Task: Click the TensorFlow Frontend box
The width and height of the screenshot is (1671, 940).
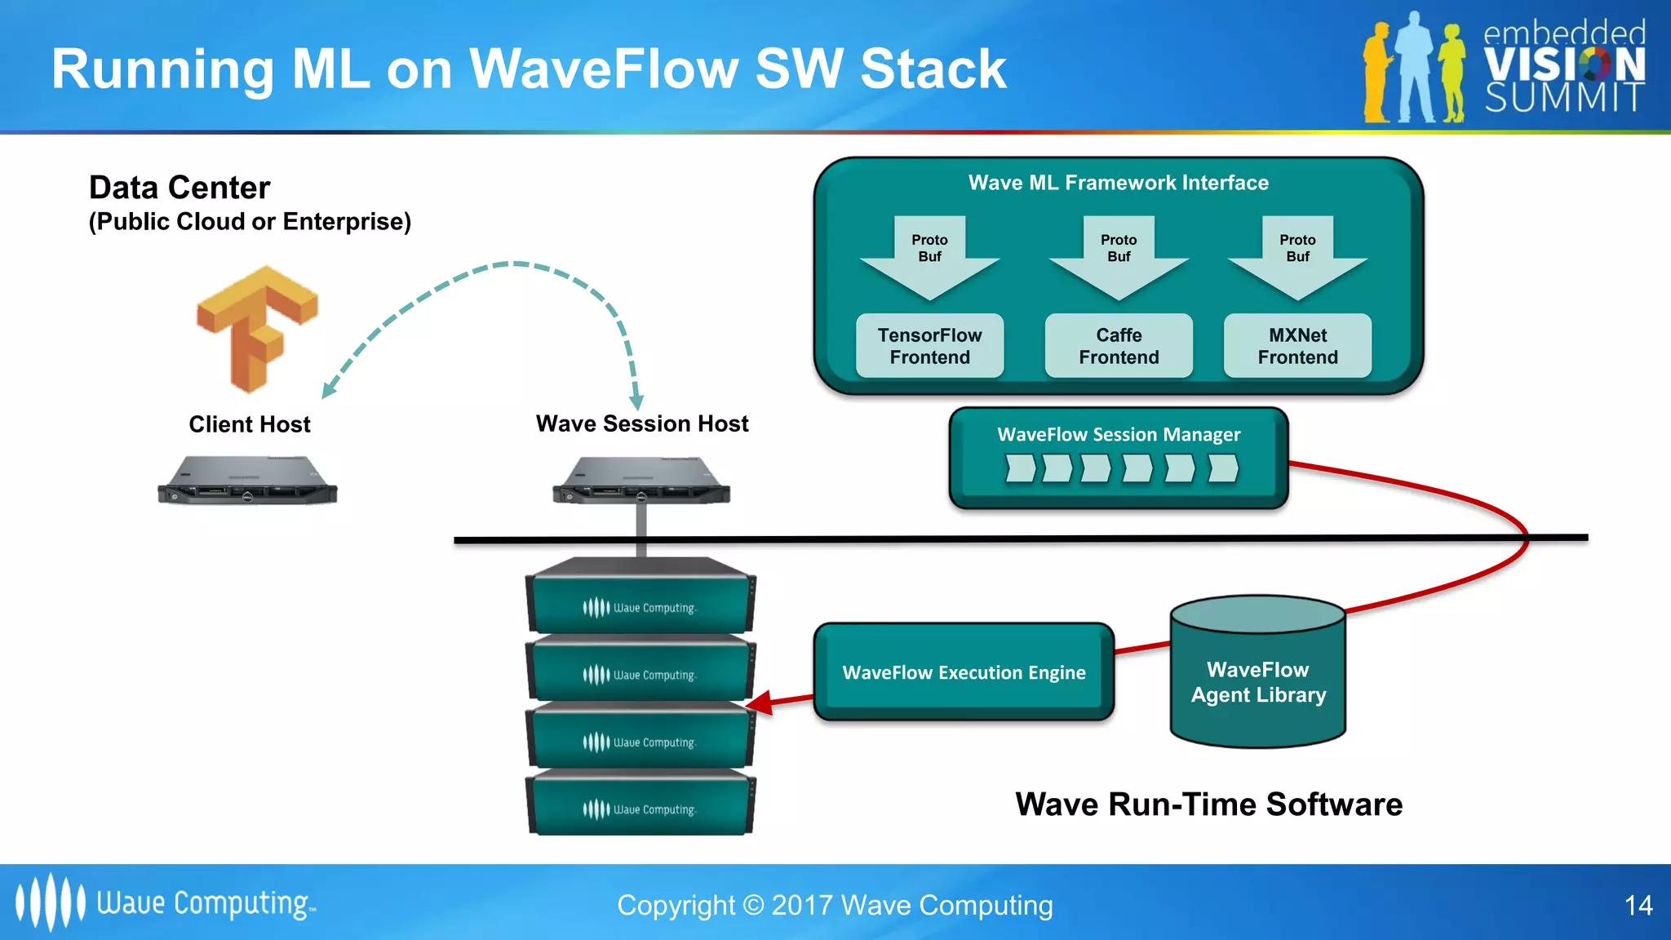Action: pyautogui.click(x=929, y=346)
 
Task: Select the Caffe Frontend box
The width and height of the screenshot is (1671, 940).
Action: pyautogui.click(x=1119, y=346)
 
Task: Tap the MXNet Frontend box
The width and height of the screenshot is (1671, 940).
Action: pyautogui.click(x=1297, y=346)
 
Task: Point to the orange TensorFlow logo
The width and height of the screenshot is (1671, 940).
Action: pyautogui.click(x=255, y=326)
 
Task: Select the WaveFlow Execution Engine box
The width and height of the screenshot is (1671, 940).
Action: pyautogui.click(x=964, y=672)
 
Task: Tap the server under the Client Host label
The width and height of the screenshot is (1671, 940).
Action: pyautogui.click(x=247, y=481)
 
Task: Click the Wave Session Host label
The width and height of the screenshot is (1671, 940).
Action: pyautogui.click(x=642, y=423)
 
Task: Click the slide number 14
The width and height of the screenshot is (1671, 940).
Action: pyautogui.click(x=1638, y=905)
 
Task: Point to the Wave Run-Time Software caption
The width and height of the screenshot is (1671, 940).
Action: pyautogui.click(x=1208, y=805)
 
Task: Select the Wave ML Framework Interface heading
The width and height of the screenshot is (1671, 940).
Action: pyautogui.click(x=1118, y=183)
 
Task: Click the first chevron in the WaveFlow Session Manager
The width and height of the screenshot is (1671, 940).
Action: pyautogui.click(x=1020, y=468)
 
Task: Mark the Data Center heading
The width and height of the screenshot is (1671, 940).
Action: pyautogui.click(x=180, y=188)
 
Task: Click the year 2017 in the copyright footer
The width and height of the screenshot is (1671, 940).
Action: pyautogui.click(x=801, y=905)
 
